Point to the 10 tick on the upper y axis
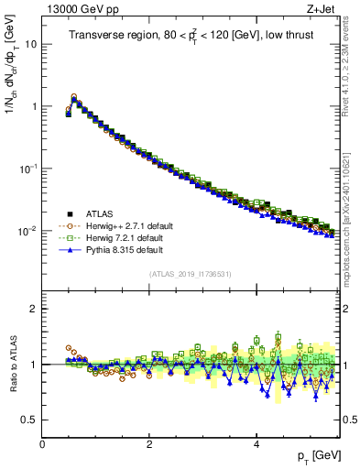click(x=31, y=44)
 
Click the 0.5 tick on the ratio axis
click(x=29, y=420)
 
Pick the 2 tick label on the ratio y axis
click(x=34, y=309)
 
